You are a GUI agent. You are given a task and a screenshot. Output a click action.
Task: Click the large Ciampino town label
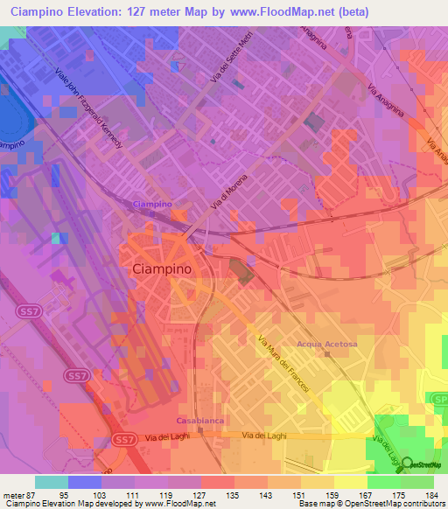coord(165,270)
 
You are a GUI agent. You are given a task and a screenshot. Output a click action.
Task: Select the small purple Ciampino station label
coord(151,204)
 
